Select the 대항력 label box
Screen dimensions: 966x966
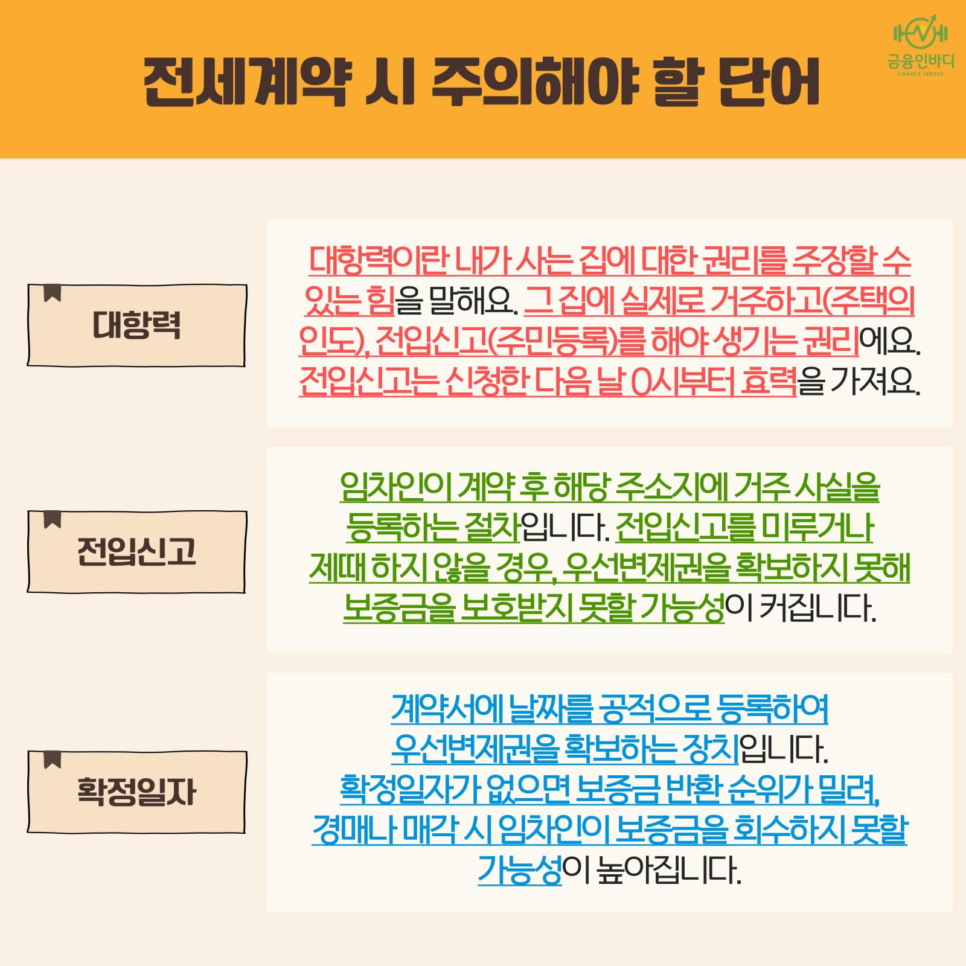(x=136, y=325)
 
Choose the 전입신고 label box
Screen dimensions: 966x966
(x=136, y=551)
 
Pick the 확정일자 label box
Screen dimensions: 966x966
(x=136, y=792)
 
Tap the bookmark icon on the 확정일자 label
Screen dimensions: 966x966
(x=53, y=760)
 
